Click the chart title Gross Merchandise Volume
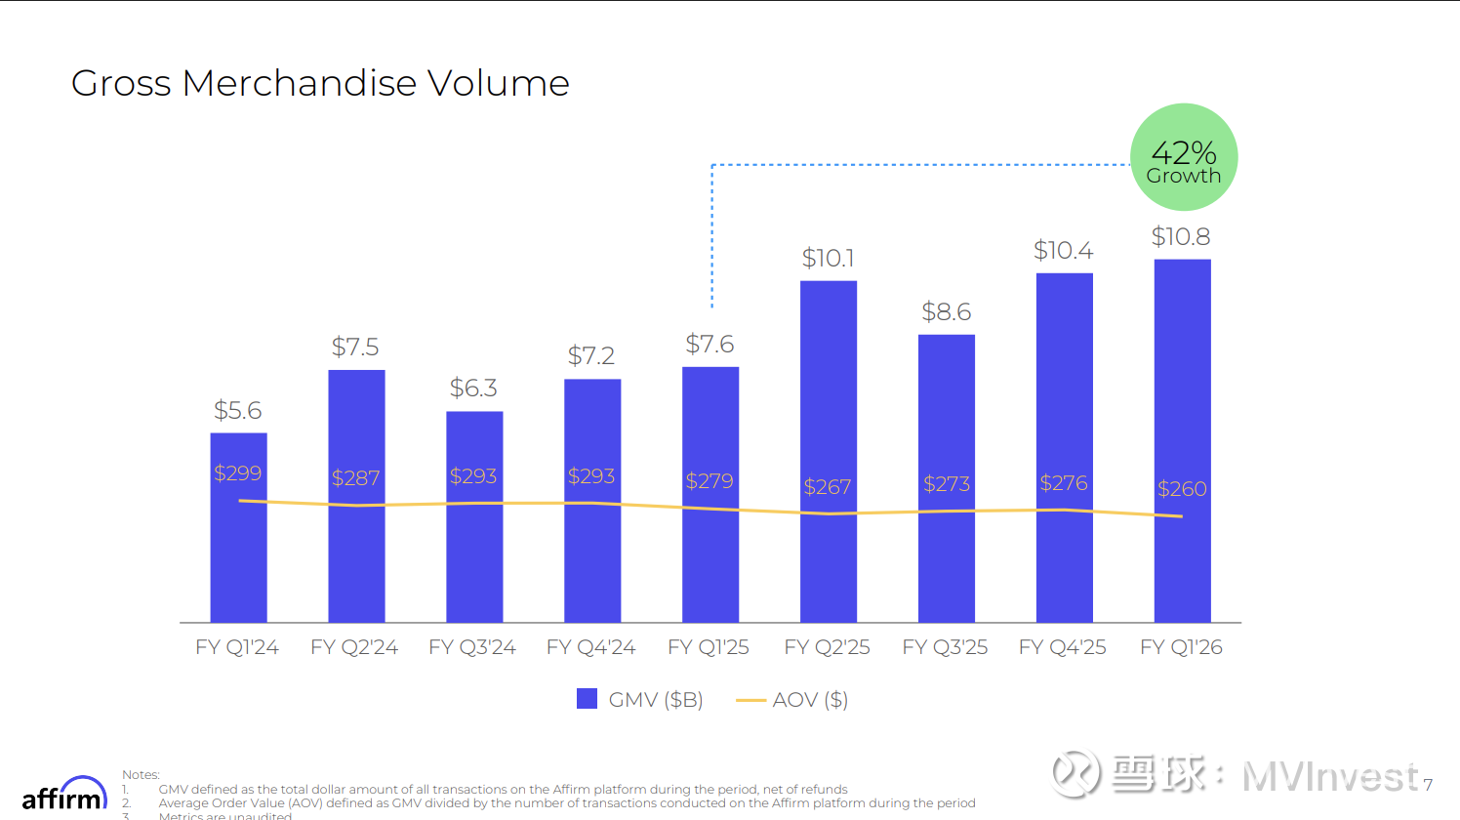click(x=320, y=83)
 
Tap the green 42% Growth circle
click(x=1183, y=157)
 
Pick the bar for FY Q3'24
click(x=474, y=556)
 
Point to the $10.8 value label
click(x=1181, y=236)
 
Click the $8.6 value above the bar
click(x=946, y=311)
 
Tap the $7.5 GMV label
click(x=355, y=347)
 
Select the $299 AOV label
click(x=238, y=472)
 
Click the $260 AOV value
click(x=1182, y=488)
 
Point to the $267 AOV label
click(x=828, y=486)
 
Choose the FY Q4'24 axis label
click(x=590, y=647)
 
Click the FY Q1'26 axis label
click(x=1181, y=647)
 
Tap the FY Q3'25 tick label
click(x=945, y=647)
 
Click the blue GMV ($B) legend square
click(x=587, y=699)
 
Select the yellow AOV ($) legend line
click(x=750, y=700)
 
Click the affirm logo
click(x=64, y=795)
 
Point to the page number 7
click(x=1428, y=784)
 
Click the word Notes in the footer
click(x=141, y=775)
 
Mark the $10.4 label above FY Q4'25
click(x=1063, y=251)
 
